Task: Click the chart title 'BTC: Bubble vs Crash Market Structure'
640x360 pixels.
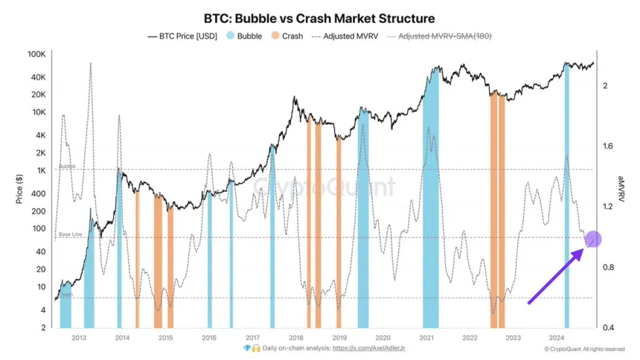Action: click(x=319, y=17)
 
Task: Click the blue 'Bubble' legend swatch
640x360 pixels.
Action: click(x=231, y=36)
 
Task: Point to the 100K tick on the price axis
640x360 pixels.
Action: click(x=35, y=55)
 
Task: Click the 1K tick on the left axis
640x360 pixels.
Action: click(x=40, y=170)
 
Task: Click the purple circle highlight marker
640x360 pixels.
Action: click(x=593, y=240)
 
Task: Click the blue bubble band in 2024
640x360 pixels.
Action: click(x=566, y=193)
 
